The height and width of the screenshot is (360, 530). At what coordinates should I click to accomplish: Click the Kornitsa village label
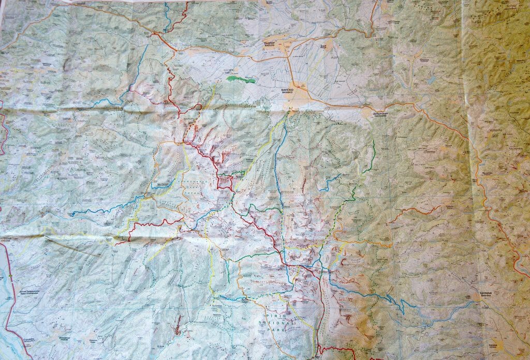pos(494,343)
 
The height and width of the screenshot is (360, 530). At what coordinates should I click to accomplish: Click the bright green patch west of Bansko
pos(241,79)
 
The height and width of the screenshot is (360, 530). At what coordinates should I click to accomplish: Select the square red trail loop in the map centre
pos(225,182)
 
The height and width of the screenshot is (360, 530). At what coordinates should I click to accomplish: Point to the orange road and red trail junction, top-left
pos(156,34)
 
